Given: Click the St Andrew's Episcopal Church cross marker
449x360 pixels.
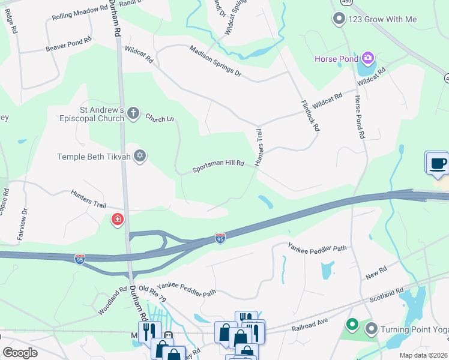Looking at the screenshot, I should point(133,113).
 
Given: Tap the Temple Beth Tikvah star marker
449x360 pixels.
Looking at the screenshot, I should point(140,156).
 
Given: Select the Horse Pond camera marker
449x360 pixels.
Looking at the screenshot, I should point(368,58).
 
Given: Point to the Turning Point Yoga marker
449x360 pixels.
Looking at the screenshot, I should point(372,329).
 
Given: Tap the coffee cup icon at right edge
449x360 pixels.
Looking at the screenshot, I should point(436,163).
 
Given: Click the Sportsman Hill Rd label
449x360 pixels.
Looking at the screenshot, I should point(218,166).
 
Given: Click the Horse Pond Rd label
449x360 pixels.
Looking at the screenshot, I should point(359,117).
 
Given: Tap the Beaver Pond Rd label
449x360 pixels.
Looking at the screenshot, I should point(68,44).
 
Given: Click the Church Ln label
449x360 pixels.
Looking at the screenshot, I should point(159,118).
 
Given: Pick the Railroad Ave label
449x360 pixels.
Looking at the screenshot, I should point(310,325).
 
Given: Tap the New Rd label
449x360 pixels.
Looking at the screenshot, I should point(376,275).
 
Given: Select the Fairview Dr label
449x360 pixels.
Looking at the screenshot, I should point(23,220).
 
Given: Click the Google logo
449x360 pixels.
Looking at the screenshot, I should point(20,352).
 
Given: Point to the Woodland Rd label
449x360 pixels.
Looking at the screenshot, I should point(113,300).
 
